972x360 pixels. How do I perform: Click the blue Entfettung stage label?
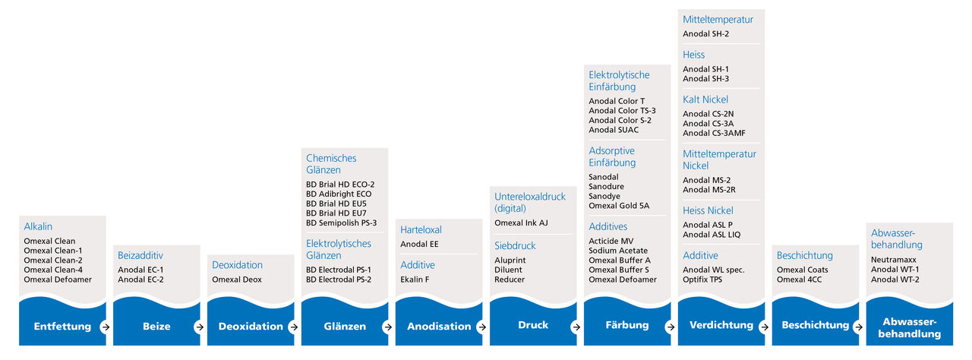[x=62, y=326]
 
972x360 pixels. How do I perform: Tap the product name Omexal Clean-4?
[x=53, y=270]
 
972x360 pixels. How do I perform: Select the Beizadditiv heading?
[x=140, y=255]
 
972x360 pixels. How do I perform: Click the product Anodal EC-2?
[x=140, y=279]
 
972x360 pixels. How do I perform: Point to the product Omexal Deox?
[x=237, y=279]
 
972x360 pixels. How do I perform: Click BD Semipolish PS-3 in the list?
[x=341, y=223]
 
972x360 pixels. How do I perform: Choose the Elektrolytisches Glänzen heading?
[x=339, y=249]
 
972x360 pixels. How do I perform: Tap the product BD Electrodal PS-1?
[x=339, y=270]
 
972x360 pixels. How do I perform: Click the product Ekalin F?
[x=415, y=279]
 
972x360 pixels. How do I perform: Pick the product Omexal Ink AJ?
[x=521, y=223]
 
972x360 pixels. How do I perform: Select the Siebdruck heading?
[x=515, y=246]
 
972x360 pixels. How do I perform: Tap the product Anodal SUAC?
[x=614, y=130]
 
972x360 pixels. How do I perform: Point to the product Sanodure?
[x=606, y=187]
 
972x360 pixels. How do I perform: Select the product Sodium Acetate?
[x=618, y=251]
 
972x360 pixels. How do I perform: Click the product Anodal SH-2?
[x=705, y=34]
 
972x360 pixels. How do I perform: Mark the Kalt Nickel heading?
[x=705, y=99]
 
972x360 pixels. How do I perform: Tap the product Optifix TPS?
[x=702, y=279]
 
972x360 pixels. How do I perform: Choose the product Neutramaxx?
[x=894, y=260]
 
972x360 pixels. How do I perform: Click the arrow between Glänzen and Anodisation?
[x=387, y=327]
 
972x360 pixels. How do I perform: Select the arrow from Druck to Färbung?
[x=576, y=327]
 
